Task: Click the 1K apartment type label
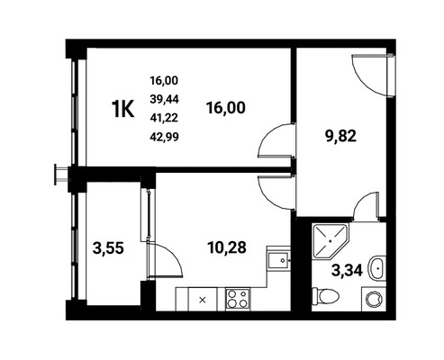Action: click(x=123, y=109)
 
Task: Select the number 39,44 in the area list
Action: click(x=164, y=99)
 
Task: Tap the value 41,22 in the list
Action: click(x=164, y=118)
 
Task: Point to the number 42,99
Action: click(x=164, y=137)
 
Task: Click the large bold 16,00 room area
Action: click(x=226, y=108)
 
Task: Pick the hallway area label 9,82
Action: click(x=340, y=137)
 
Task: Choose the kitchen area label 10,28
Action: click(x=227, y=247)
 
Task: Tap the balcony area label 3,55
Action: click(x=108, y=248)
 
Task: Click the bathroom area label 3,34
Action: click(x=347, y=270)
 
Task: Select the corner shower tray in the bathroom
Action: click(x=331, y=240)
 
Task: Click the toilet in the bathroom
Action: click(x=325, y=296)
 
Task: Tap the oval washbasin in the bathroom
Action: click(x=376, y=268)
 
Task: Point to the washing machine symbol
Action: click(x=374, y=299)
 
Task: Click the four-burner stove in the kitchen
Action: click(x=238, y=299)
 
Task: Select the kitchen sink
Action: click(x=279, y=261)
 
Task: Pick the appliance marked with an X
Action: click(x=203, y=299)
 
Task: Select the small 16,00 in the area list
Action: click(x=164, y=80)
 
